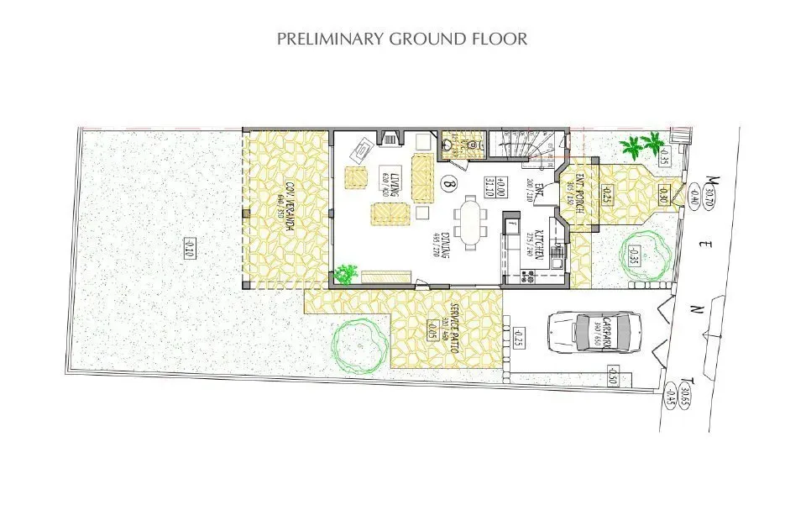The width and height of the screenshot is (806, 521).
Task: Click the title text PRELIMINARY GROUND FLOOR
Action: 402,39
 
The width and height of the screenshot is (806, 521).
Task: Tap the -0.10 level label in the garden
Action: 191,247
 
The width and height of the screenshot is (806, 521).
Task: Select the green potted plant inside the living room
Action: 343,273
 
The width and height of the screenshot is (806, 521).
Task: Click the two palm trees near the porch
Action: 640,146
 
